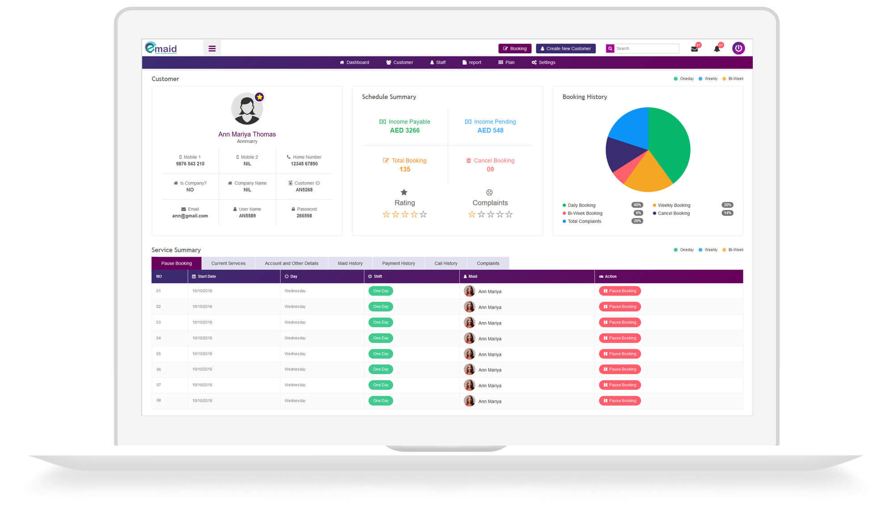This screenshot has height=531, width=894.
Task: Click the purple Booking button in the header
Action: click(x=514, y=48)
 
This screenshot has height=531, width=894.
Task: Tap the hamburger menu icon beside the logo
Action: click(x=212, y=48)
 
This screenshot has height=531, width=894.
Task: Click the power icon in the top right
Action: click(x=738, y=48)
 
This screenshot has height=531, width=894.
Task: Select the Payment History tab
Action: click(x=398, y=263)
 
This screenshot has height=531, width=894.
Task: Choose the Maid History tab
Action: click(x=350, y=263)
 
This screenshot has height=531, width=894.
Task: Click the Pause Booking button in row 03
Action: click(x=620, y=322)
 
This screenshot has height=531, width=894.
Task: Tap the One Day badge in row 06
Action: click(x=380, y=369)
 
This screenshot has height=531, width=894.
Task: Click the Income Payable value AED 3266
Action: click(x=405, y=130)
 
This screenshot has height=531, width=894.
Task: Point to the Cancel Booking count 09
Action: click(x=490, y=169)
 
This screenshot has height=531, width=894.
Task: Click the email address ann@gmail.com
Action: click(x=190, y=216)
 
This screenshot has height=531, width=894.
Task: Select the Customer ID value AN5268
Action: click(x=304, y=190)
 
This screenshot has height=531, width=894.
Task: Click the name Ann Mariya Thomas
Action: click(x=247, y=134)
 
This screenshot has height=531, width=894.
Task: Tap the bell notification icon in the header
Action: click(x=717, y=49)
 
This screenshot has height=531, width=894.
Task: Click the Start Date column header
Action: click(x=207, y=276)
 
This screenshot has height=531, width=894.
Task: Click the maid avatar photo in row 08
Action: click(x=469, y=401)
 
